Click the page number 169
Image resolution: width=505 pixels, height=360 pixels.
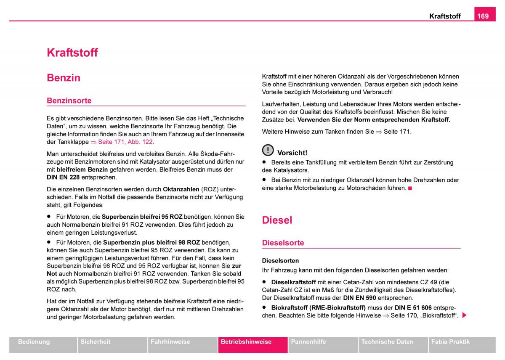(483, 16)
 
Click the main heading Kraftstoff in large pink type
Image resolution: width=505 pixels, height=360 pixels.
(72, 53)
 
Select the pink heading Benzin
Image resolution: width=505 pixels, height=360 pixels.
(64, 78)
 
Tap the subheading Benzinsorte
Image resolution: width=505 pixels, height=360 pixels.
(69, 101)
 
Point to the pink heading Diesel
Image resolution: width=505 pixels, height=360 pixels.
(277, 220)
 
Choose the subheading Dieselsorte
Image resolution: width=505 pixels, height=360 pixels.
(283, 243)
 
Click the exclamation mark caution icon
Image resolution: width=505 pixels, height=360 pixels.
(268, 150)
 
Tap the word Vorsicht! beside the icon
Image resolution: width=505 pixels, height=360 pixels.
(292, 153)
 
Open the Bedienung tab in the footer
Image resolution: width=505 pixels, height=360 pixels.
(34, 342)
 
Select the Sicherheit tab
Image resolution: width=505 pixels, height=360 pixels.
(95, 342)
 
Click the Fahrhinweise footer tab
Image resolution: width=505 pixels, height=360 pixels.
(170, 342)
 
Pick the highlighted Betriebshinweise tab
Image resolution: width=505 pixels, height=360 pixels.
(246, 342)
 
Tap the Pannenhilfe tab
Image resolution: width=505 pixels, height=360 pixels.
(308, 342)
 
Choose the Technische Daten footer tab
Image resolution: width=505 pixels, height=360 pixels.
(387, 342)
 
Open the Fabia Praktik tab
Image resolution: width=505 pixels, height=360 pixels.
(450, 342)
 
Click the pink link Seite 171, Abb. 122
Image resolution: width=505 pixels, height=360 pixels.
(125, 142)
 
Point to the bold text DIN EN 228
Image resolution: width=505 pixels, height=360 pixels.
(63, 177)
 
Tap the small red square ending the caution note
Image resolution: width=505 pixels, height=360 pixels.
(410, 188)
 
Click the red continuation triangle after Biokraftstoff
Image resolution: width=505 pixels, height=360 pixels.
(464, 315)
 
